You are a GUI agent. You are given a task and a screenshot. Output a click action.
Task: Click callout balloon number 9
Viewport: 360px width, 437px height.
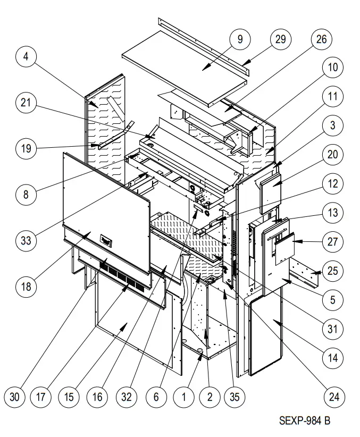point(240,39)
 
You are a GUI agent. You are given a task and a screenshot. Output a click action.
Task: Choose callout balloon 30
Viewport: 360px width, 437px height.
point(16,396)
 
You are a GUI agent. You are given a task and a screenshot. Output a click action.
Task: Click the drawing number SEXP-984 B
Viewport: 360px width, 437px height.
point(305,421)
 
